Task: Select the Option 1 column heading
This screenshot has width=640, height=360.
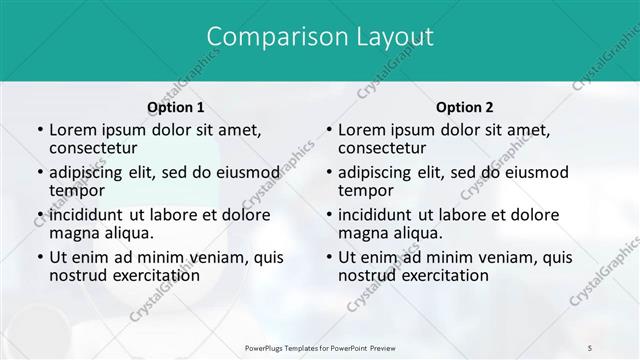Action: [x=176, y=107]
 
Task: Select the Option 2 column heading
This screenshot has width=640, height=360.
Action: [x=465, y=107]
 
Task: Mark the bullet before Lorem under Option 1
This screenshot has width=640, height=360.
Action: [x=39, y=130]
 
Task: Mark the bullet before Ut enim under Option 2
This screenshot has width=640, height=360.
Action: [x=328, y=257]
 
